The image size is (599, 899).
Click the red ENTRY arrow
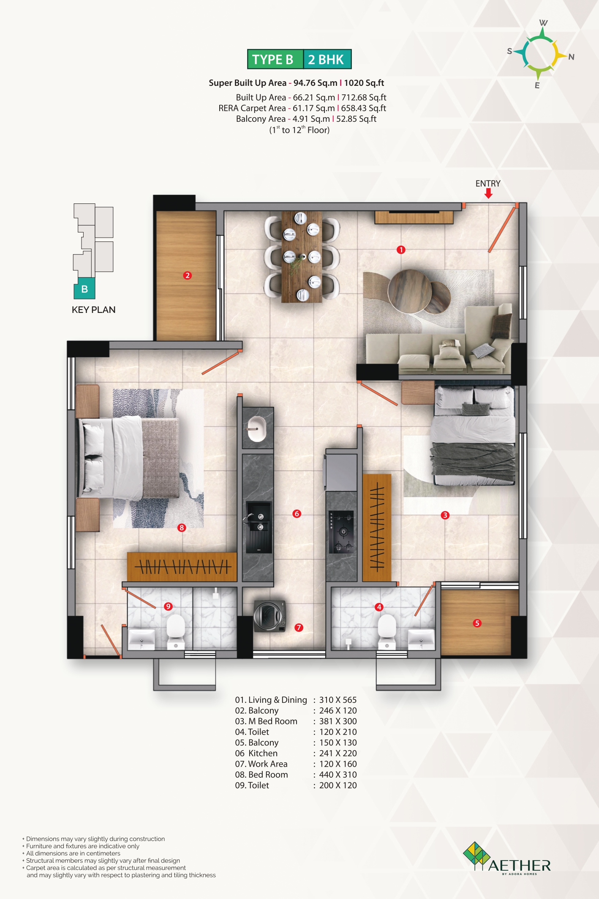click(x=488, y=193)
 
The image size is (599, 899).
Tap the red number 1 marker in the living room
click(x=401, y=250)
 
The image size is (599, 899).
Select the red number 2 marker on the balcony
click(x=188, y=275)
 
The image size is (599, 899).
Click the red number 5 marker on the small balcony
click(x=477, y=623)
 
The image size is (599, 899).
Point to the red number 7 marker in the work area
click(x=299, y=628)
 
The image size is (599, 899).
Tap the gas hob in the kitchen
click(x=341, y=532)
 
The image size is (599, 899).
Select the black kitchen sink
click(x=259, y=527)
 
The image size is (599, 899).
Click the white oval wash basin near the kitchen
click(x=256, y=429)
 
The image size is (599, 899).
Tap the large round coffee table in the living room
click(x=410, y=291)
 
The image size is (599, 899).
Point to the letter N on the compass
click(x=571, y=57)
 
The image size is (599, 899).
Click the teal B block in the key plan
click(x=84, y=289)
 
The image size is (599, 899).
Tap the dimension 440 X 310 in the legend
click(x=338, y=775)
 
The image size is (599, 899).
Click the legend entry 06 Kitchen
click(x=256, y=753)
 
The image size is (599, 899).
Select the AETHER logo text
click(x=520, y=866)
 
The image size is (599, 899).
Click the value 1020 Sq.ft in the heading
click(x=364, y=83)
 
